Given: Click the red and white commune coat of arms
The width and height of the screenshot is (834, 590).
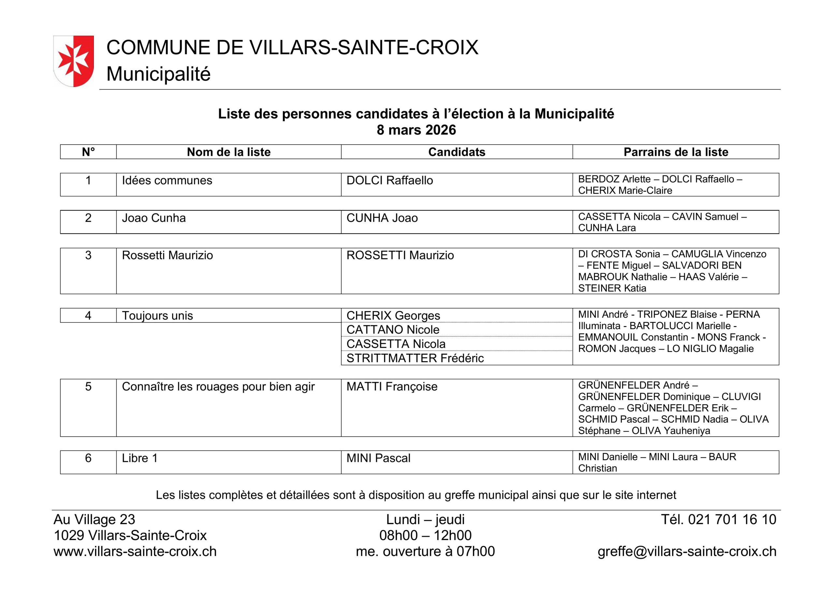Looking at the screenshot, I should pyautogui.click(x=73, y=61).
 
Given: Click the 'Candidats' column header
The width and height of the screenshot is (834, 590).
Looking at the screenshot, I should pyautogui.click(x=457, y=152).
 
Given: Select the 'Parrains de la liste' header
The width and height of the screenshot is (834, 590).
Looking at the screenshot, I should pyautogui.click(x=676, y=152).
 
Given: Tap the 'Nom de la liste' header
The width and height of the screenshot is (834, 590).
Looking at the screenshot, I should pyautogui.click(x=228, y=152).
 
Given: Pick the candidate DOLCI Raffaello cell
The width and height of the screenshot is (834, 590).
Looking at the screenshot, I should pyautogui.click(x=389, y=180).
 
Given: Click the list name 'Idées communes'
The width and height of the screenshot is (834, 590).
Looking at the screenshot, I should pyautogui.click(x=167, y=180).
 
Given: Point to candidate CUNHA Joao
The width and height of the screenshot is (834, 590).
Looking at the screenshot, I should pyautogui.click(x=382, y=218).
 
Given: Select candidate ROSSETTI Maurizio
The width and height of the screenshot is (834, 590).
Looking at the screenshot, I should pyautogui.click(x=400, y=255).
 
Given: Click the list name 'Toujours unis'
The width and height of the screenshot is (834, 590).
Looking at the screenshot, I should pyautogui.click(x=157, y=316).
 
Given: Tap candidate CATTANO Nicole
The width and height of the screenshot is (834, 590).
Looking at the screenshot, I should pyautogui.click(x=393, y=330).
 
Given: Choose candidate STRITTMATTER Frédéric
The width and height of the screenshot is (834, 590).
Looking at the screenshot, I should pyautogui.click(x=415, y=358).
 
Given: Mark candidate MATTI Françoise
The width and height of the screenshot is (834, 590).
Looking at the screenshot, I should pyautogui.click(x=392, y=386).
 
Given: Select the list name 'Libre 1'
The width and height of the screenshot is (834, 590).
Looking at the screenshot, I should pyautogui.click(x=139, y=458).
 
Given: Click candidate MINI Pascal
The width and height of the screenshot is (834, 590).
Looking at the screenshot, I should pyautogui.click(x=378, y=458).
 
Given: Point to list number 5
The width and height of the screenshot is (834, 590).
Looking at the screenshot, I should pyautogui.click(x=88, y=386).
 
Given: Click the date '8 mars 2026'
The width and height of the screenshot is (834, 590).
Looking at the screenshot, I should pyautogui.click(x=416, y=130).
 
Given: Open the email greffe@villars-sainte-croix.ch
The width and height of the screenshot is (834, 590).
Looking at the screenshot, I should pyautogui.click(x=687, y=552).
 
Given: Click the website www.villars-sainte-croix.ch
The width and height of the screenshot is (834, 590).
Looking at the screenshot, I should pyautogui.click(x=135, y=552).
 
